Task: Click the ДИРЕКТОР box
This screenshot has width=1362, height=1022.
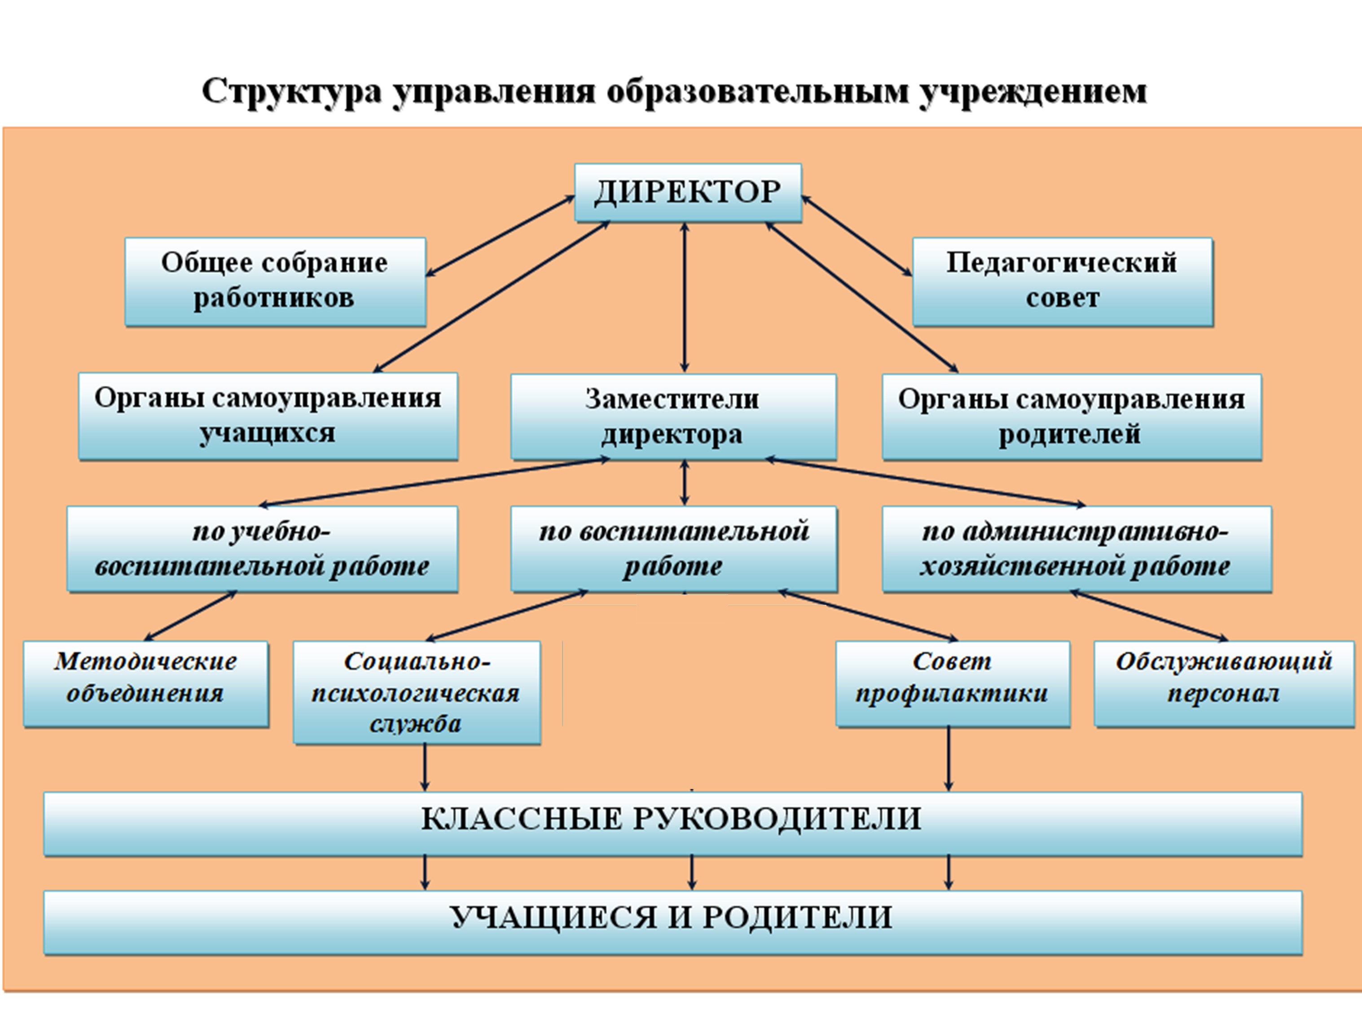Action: [x=688, y=192]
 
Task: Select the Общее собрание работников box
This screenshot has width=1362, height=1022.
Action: [x=275, y=282]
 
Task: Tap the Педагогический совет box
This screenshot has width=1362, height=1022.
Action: [x=1062, y=282]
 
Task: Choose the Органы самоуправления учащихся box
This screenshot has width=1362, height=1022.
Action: [x=268, y=416]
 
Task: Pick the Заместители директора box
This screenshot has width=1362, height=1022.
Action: [x=673, y=416]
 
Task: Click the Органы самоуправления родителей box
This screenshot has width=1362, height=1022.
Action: [x=1072, y=416]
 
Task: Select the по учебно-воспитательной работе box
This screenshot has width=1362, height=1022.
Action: [x=262, y=549]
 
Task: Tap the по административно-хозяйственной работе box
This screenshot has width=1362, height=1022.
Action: [x=1076, y=549]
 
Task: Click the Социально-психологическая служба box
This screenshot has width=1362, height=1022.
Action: [x=417, y=692]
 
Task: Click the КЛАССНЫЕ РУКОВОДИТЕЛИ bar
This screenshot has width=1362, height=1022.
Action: [x=672, y=824]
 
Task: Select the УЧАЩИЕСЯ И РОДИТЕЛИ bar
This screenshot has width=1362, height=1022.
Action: [x=672, y=922]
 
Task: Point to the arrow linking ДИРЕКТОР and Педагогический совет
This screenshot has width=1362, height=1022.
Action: [x=857, y=235]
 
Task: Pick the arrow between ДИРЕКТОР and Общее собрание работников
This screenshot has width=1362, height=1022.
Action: [x=500, y=236]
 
